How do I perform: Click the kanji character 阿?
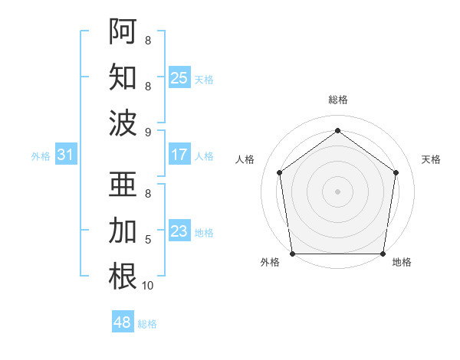123,31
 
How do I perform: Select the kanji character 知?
123,77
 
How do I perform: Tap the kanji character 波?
123,123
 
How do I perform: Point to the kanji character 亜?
123,185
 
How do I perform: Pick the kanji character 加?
123,231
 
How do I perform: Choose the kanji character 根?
123,277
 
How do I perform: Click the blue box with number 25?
179,77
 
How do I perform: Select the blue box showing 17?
179,155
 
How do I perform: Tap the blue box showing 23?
179,231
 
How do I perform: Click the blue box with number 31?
66,155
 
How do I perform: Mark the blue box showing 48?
123,322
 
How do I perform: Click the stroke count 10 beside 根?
148,286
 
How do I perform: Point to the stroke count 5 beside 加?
148,240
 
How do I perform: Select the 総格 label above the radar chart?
338,100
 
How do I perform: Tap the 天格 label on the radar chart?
431,159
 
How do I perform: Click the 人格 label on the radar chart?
245,159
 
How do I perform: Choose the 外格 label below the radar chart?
270,263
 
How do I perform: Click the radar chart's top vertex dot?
338,131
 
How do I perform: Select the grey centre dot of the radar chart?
338,191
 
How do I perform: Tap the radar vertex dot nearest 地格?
383,254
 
